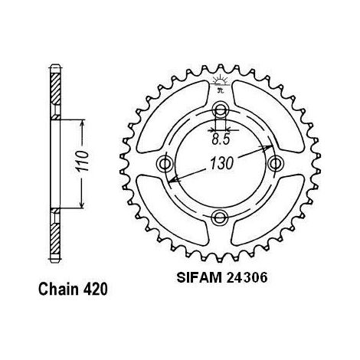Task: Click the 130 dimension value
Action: coord(221,163)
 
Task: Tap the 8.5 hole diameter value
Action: coord(221,139)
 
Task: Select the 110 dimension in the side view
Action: coord(83,161)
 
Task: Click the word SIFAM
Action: coord(199,278)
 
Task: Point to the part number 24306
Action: coord(247,278)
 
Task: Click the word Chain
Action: coord(58,290)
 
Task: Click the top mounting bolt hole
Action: coord(221,110)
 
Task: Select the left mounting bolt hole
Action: coord(165,163)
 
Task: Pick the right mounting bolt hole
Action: coord(276,163)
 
